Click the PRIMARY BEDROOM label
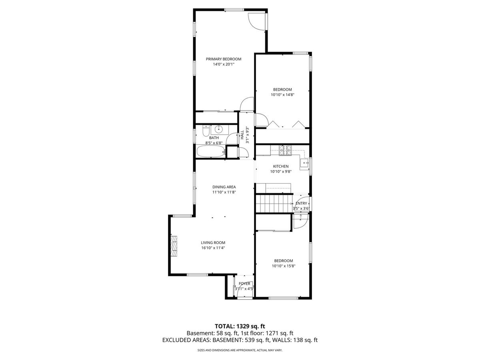pos(224,59)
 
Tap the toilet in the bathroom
pos(206,131)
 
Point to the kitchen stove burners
pos(285,150)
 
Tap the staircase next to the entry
pos(274,204)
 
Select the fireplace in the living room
pos(174,246)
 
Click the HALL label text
pos(242,135)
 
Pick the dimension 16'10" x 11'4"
pos(213,248)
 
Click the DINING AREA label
pos(224,187)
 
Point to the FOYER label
pos(244,284)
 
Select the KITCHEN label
pos(281,166)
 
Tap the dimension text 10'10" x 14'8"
pos(282,95)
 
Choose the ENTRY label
pos(301,203)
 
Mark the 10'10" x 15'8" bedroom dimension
pos(284,266)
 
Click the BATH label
pos(214,138)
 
